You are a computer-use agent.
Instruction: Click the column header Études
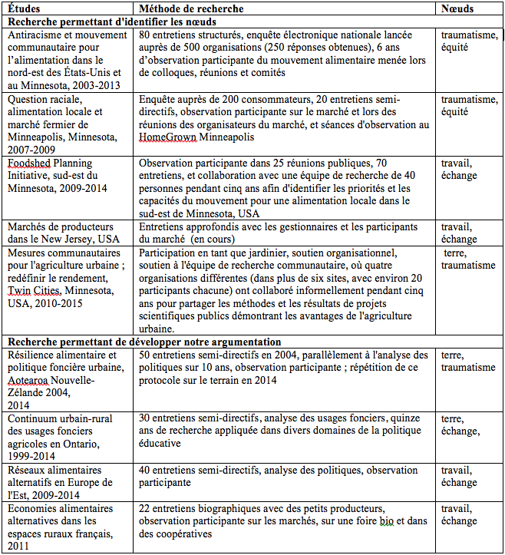(x=25, y=9)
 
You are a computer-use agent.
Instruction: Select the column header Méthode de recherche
(x=193, y=9)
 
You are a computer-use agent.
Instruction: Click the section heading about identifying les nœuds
(x=111, y=21)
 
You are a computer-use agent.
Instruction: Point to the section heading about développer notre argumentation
(x=143, y=341)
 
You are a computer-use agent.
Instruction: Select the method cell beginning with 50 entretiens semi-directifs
(x=284, y=367)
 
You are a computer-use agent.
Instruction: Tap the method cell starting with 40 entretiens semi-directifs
(x=284, y=476)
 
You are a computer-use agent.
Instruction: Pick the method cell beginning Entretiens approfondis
(x=284, y=233)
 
